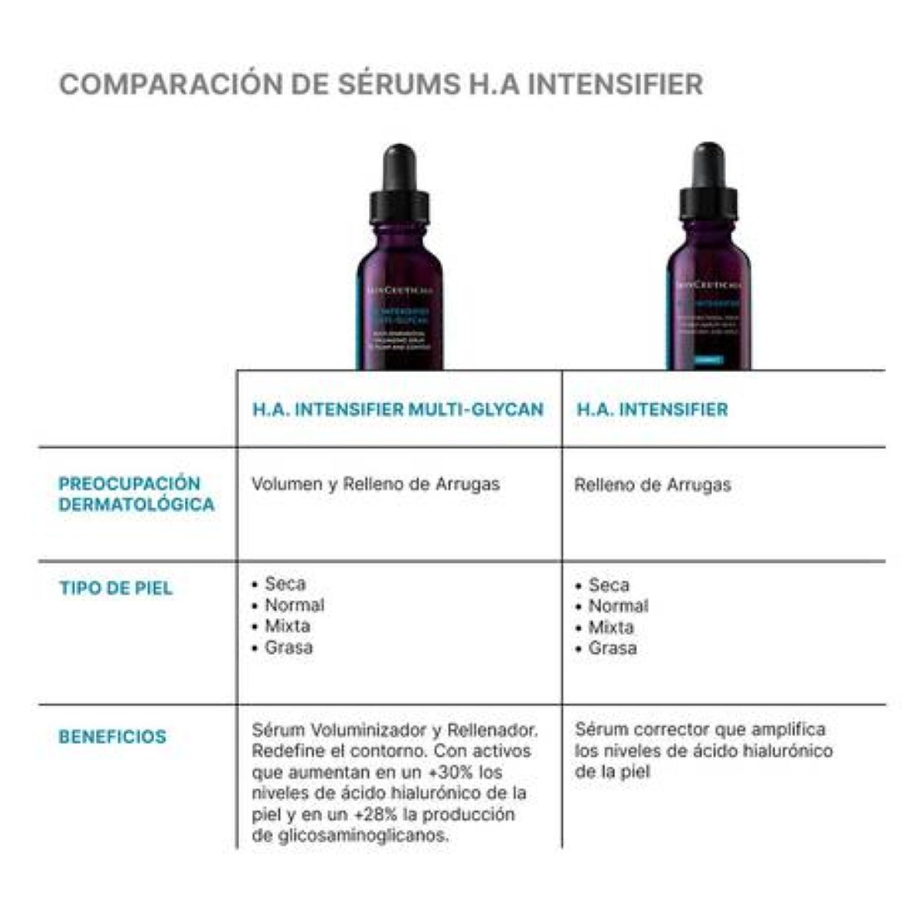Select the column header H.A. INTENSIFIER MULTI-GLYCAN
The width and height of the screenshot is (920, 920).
pyautogui.click(x=398, y=409)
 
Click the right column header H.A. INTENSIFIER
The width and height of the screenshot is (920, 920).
pyautogui.click(x=652, y=409)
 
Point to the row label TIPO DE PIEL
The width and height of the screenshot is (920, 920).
pyautogui.click(x=116, y=589)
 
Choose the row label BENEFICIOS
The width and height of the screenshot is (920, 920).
pyautogui.click(x=112, y=737)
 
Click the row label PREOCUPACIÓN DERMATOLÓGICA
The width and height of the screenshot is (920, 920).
pyautogui.click(x=136, y=495)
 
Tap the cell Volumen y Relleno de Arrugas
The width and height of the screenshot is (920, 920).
pyautogui.click(x=376, y=485)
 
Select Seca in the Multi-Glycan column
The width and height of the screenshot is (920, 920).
pyautogui.click(x=284, y=584)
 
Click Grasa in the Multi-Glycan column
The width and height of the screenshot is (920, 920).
pyautogui.click(x=288, y=648)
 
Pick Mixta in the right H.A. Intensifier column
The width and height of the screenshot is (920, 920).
pyautogui.click(x=611, y=627)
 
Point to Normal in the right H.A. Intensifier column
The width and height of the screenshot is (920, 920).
pyautogui.click(x=618, y=606)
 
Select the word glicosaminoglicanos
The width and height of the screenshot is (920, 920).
pyautogui.click(x=350, y=836)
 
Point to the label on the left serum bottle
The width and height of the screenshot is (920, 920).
pyautogui.click(x=399, y=322)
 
